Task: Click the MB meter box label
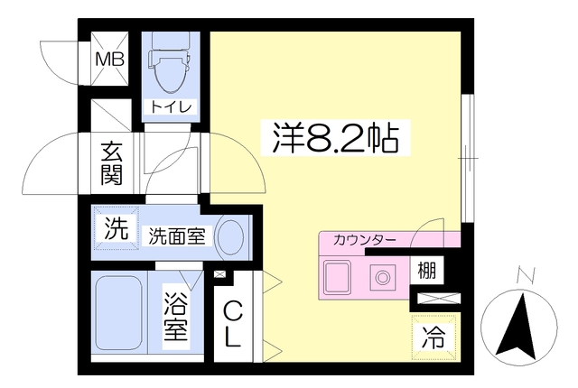pyautogui.click(x=110, y=60)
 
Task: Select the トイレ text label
pyautogui.click(x=172, y=107)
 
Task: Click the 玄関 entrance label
pyautogui.click(x=112, y=163)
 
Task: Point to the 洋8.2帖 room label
pyautogui.click(x=335, y=138)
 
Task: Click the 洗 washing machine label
pyautogui.click(x=116, y=228)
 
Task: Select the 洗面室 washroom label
pyautogui.click(x=177, y=236)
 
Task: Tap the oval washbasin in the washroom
pyautogui.click(x=231, y=237)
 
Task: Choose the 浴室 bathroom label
pyautogui.click(x=176, y=316)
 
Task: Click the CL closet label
pyautogui.click(x=233, y=323)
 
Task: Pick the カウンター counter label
pyautogui.click(x=364, y=240)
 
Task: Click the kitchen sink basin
pyautogui.click(x=337, y=275)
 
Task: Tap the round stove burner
pyautogui.click(x=383, y=277)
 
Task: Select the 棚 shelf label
pyautogui.click(x=427, y=270)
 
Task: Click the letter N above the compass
pyautogui.click(x=526, y=275)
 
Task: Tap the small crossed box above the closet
pyautogui.click(x=219, y=274)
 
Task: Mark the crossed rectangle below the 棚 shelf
pyautogui.click(x=439, y=298)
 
